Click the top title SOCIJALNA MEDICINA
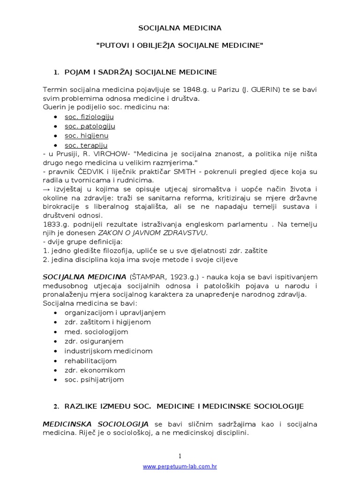click(180, 28)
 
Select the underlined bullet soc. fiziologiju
click(89, 117)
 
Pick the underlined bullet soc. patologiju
click(90, 126)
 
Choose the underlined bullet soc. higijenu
click(86, 135)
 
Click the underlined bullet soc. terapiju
click(86, 145)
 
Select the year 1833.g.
click(54, 224)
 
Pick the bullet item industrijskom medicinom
click(108, 351)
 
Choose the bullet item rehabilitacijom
click(90, 360)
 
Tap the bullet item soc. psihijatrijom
click(94, 379)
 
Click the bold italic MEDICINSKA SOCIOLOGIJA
click(96, 424)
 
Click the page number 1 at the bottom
click(180, 456)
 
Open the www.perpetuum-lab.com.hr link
click(180, 467)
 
